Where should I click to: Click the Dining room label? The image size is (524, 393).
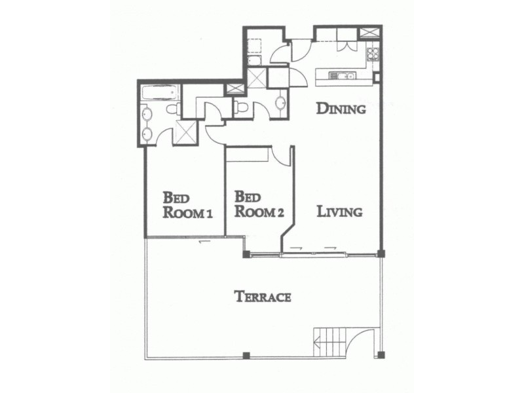click(x=341, y=109)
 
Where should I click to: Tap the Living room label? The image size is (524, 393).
click(x=339, y=212)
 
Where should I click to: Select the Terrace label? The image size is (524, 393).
click(x=263, y=297)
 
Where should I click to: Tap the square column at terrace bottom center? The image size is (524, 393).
click(x=246, y=356)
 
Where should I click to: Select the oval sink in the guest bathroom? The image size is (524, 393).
click(x=280, y=103)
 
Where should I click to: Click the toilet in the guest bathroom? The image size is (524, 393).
click(x=240, y=107)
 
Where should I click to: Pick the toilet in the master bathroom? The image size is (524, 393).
click(x=172, y=109)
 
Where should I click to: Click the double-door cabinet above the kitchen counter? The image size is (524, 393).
click(x=346, y=46)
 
